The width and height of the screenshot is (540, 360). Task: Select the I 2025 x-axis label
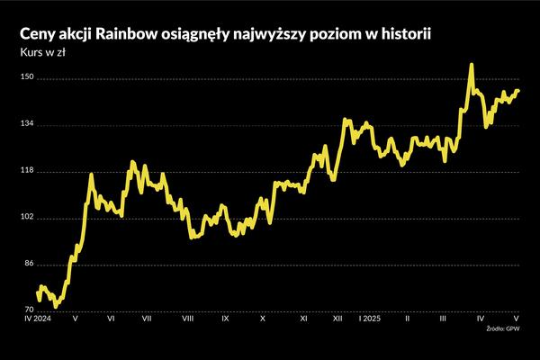tap(370, 319)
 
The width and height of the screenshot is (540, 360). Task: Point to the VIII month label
tap(188, 319)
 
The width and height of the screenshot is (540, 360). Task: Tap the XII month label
tap(337, 319)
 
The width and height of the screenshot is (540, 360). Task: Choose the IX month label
tap(225, 319)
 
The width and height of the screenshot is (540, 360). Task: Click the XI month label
tap(303, 319)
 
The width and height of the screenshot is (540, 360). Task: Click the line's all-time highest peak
tap(471, 65)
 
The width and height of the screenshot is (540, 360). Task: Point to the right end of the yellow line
tap(518, 90)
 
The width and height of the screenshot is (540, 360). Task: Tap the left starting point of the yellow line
tap(37, 292)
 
